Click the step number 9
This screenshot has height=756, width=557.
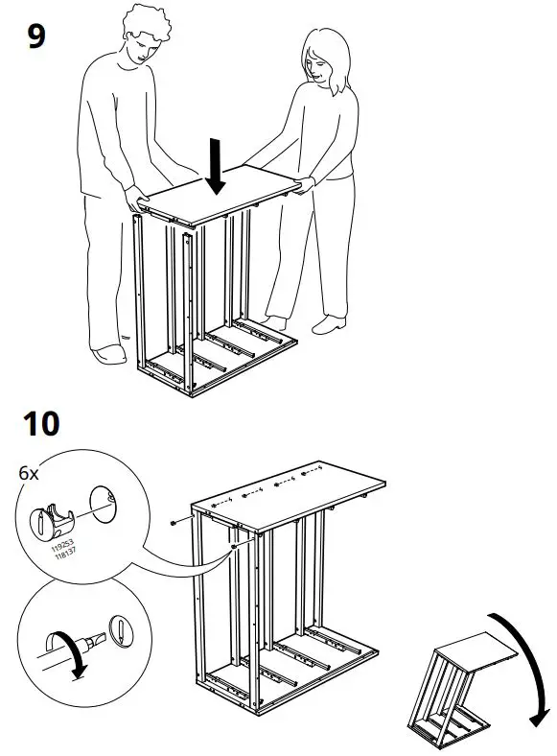(36, 37)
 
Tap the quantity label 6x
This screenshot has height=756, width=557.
(30, 473)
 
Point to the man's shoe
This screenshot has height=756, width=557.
(110, 355)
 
